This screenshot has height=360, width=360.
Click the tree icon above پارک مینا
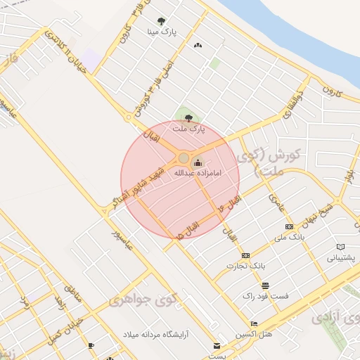click(162, 22)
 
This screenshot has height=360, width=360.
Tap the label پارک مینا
click(162, 32)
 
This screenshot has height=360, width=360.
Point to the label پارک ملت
click(188, 129)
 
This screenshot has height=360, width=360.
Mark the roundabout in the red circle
click(184, 159)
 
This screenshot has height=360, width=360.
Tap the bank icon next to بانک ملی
click(289, 227)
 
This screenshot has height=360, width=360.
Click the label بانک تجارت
click(245, 266)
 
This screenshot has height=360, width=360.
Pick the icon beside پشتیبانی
click(341, 247)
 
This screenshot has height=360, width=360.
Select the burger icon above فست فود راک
click(265, 286)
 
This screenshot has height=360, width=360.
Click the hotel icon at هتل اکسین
click(254, 323)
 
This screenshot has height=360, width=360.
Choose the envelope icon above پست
click(217, 345)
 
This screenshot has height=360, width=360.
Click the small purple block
click(91, 59)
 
